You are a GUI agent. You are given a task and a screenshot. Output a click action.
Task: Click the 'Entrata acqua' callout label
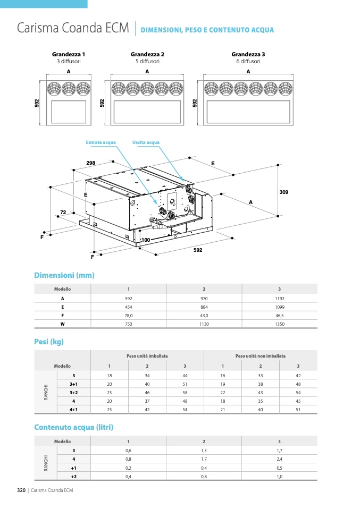tap(101, 142)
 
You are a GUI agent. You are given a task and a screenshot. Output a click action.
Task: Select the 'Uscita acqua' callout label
tap(146, 142)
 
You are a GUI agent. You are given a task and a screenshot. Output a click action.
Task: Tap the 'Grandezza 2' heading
tap(147, 54)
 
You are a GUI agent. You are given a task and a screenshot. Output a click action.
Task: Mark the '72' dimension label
tap(63, 213)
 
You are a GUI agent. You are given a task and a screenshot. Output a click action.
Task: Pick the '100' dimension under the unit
tap(146, 241)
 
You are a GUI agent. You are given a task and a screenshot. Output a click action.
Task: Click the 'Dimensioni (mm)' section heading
tap(64, 275)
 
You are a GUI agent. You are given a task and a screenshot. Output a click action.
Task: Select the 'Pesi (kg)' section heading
tap(49, 342)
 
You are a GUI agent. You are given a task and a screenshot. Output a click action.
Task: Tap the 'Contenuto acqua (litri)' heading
tap(73, 427)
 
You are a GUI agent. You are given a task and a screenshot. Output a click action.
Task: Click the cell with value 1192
tap(280, 299)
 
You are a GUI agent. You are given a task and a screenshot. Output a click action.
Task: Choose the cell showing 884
tap(204, 307)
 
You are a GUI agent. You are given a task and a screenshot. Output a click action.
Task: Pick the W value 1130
tap(204, 324)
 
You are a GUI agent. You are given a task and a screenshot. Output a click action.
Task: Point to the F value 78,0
tap(128, 315)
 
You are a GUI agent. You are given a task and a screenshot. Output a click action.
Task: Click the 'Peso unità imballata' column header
tap(147, 356)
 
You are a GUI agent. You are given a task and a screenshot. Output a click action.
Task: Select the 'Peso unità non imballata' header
tap(261, 356)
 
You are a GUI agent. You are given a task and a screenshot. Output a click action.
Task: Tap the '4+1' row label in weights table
tap(73, 410)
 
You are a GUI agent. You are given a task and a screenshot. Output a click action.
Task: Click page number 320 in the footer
tap(21, 490)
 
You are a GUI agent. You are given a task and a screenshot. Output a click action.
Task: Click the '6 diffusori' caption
tap(248, 61)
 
